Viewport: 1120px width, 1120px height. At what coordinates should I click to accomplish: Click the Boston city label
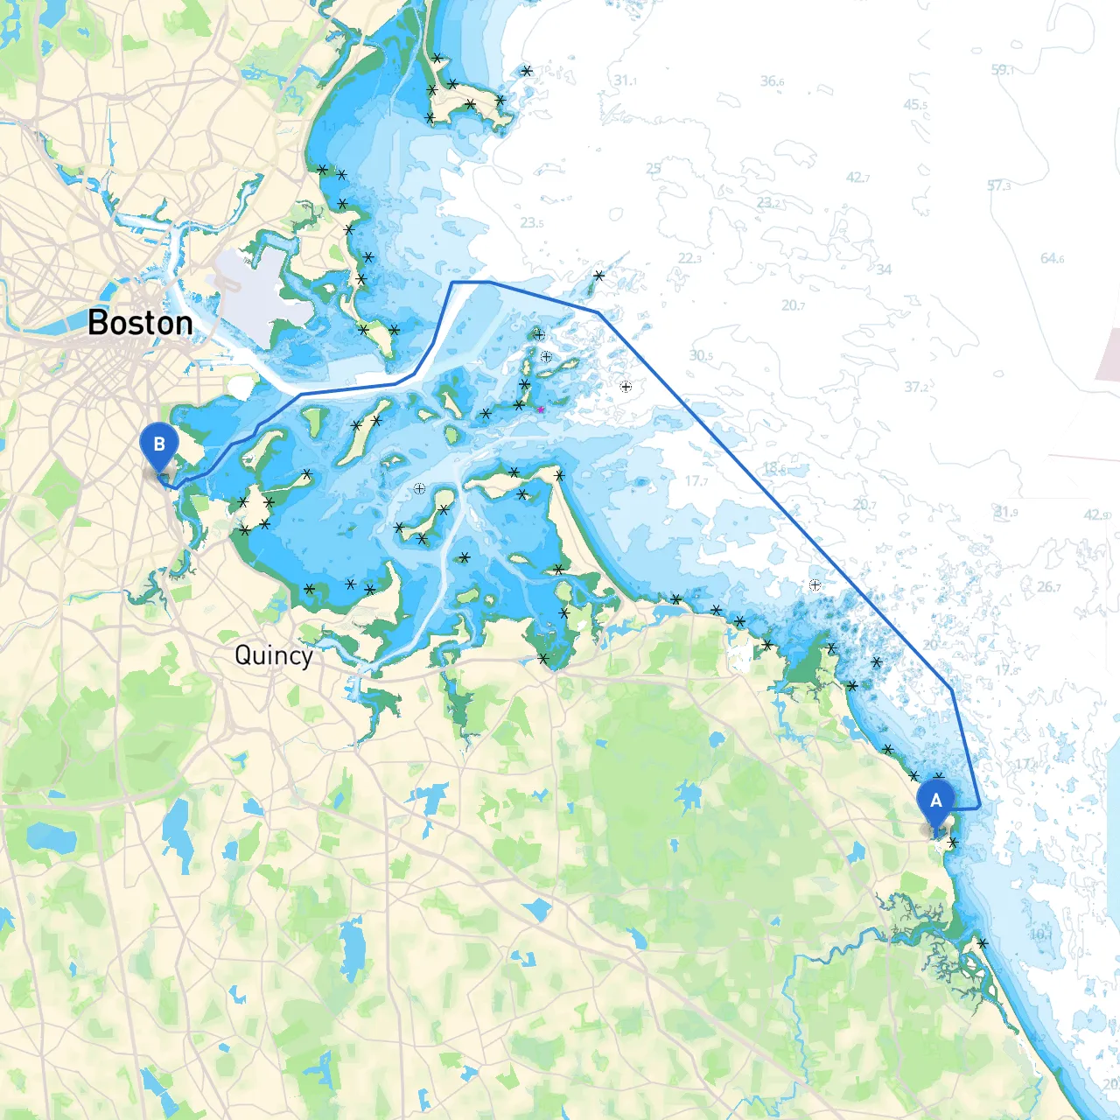tap(140, 323)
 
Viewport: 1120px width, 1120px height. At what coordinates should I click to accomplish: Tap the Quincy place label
tap(273, 655)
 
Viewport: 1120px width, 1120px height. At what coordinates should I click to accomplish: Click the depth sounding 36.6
tap(772, 81)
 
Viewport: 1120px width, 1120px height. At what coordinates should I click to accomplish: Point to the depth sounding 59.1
tap(1002, 69)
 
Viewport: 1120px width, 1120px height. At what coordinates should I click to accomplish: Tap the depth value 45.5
tap(915, 105)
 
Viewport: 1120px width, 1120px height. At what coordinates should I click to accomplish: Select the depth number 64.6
tap(1052, 258)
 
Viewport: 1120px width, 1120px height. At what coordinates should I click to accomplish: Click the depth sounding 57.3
tap(998, 185)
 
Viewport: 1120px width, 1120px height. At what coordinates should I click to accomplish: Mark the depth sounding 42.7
tap(857, 178)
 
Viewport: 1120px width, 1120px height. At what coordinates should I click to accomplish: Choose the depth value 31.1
tap(625, 80)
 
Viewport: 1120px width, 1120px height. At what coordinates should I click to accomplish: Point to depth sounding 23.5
tap(531, 223)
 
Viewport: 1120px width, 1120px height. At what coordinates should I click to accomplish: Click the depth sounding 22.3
tap(689, 258)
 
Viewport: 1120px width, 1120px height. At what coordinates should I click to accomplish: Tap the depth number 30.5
tap(701, 355)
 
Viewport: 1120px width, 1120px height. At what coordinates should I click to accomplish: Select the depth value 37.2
tap(916, 387)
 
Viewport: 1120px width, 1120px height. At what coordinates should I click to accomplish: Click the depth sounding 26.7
tap(1049, 586)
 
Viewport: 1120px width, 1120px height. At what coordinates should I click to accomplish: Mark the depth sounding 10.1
tap(1040, 934)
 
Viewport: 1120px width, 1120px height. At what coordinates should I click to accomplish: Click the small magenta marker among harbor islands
tap(541, 409)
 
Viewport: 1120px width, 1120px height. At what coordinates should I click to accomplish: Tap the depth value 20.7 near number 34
tap(793, 305)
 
